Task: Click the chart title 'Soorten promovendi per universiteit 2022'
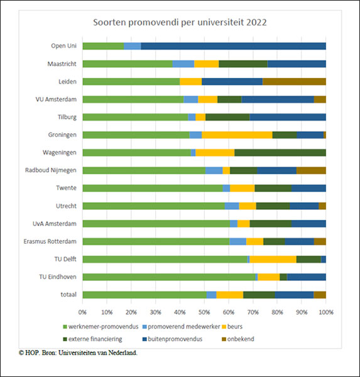click(x=180, y=23)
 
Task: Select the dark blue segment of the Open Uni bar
click(x=233, y=46)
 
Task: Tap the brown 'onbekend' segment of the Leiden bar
click(x=295, y=82)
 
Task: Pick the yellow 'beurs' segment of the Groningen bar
click(x=237, y=135)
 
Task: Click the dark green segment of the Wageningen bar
click(x=280, y=153)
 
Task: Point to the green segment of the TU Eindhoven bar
click(x=169, y=277)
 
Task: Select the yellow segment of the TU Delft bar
click(x=273, y=259)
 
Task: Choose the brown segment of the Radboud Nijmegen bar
click(x=311, y=170)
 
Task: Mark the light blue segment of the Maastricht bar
click(x=183, y=64)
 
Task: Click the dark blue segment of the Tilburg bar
click(x=288, y=117)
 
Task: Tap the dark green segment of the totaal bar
click(x=259, y=295)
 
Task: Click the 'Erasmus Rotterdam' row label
click(x=50, y=241)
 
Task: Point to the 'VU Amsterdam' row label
click(x=56, y=99)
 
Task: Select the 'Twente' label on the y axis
click(x=67, y=188)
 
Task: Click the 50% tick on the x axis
click(x=204, y=312)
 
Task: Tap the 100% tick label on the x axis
click(x=326, y=312)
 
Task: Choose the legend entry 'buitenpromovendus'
click(x=172, y=339)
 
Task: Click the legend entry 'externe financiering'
click(x=92, y=339)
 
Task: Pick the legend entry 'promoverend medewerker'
click(x=182, y=327)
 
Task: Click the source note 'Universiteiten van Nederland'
click(x=97, y=352)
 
